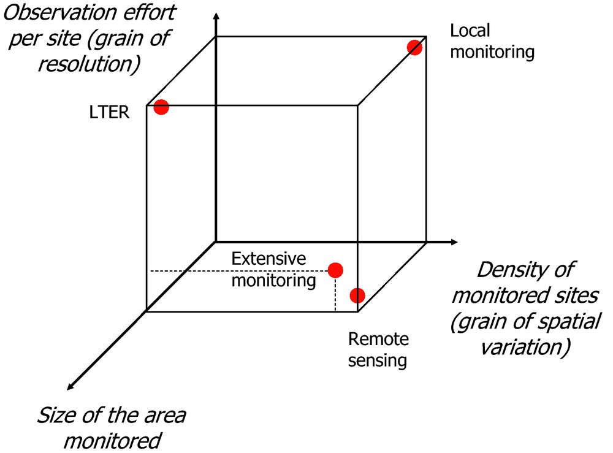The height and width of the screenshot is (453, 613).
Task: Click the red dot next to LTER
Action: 161,107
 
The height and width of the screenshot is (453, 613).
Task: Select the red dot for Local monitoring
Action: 415,48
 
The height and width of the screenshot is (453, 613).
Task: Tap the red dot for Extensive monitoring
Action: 335,270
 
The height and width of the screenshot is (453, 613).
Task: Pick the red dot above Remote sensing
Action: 357,295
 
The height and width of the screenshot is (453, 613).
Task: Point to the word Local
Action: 470,31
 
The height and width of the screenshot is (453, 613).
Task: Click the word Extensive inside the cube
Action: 268,259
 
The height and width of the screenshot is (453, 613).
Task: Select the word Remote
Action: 378,339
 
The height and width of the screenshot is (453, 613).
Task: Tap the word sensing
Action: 377,360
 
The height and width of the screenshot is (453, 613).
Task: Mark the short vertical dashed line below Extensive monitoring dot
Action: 335,295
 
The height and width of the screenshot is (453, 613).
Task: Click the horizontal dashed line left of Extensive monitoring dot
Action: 239,270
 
